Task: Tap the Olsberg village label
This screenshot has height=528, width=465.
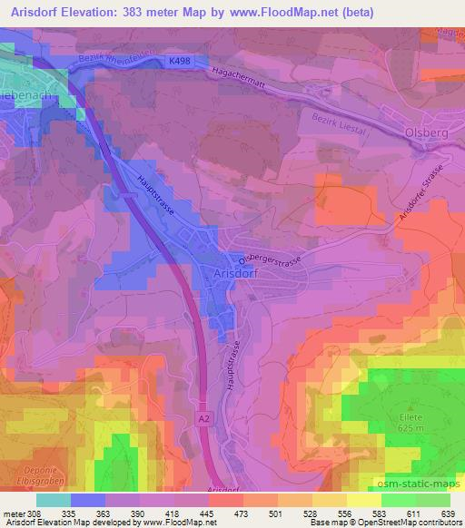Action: (x=420, y=134)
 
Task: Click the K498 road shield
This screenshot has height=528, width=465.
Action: (x=178, y=62)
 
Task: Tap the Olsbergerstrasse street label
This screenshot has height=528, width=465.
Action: (x=272, y=258)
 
